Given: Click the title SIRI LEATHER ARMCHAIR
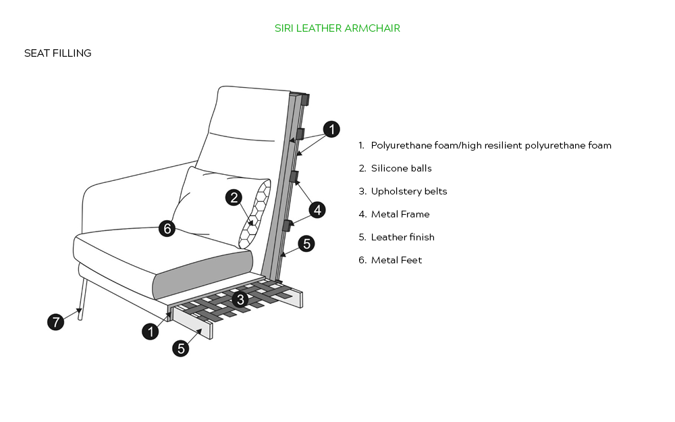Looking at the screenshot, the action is click(337, 28).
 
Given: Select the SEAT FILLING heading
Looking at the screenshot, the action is click(57, 53).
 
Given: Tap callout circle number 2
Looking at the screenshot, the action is click(234, 198).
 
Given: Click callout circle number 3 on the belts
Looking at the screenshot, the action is click(240, 299).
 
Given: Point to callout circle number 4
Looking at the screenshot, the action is click(317, 210).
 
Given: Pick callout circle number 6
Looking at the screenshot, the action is click(167, 228).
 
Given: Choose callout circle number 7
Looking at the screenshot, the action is click(55, 322).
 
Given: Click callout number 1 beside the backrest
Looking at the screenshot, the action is click(331, 129).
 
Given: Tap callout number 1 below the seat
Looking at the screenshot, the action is click(151, 332).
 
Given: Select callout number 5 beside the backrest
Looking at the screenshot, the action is click(306, 244).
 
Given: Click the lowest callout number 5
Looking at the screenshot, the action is click(181, 348).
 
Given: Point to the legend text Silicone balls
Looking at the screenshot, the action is click(401, 168).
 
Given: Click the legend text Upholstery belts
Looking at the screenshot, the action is click(409, 192).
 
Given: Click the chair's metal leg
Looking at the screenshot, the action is click(82, 299).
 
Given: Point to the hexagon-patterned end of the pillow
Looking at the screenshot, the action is click(255, 214).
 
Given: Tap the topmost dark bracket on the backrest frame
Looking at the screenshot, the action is click(305, 100).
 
